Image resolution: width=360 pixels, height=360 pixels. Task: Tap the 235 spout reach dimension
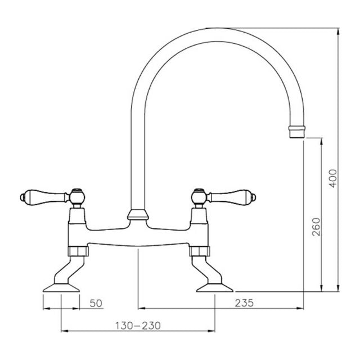coord(244,303)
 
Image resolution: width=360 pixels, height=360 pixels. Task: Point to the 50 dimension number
coord(96,303)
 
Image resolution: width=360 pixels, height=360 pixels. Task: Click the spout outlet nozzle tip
coord(296,132)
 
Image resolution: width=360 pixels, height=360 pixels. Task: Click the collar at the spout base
coord(138,214)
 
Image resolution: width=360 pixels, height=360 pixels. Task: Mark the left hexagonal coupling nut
coord(76,250)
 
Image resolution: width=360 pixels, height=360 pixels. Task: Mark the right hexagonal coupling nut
coord(200,250)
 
